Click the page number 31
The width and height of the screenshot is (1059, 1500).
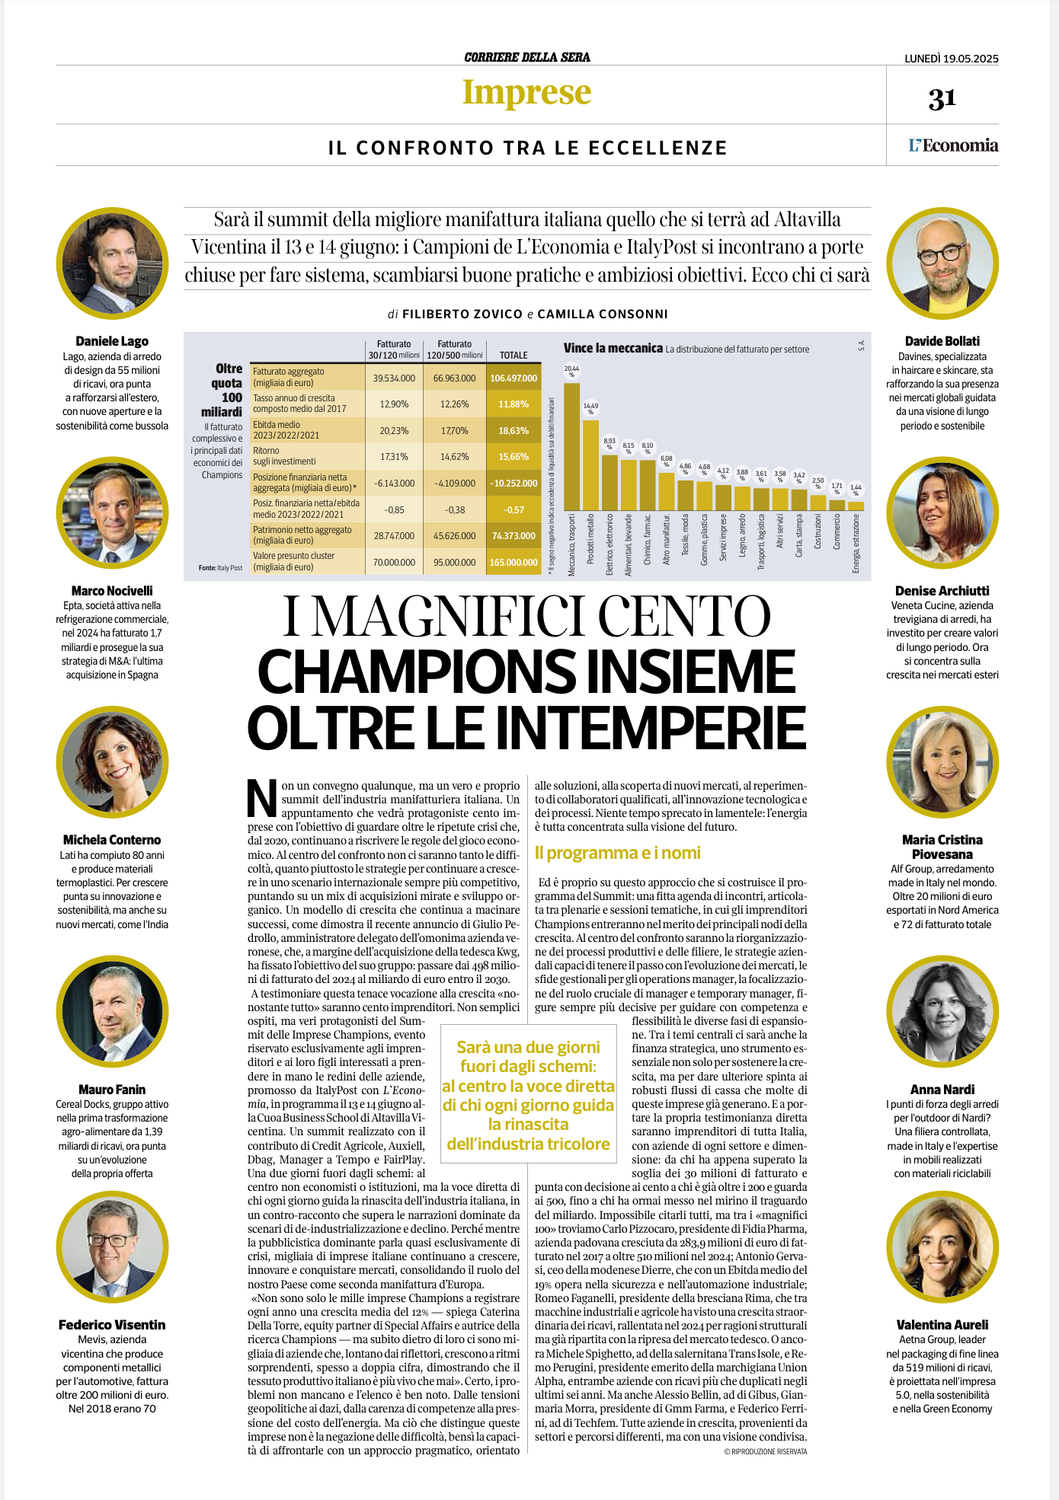click(x=942, y=99)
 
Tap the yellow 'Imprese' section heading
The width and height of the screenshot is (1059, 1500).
click(x=527, y=93)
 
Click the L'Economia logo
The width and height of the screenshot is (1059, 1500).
click(x=953, y=145)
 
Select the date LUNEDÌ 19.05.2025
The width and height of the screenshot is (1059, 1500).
click(x=952, y=59)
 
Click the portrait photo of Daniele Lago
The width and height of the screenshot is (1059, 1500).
click(x=112, y=264)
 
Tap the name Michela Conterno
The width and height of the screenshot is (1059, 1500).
click(x=112, y=840)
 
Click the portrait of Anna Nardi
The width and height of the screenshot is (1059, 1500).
click(x=942, y=1013)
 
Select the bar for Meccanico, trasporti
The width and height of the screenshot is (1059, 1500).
click(x=571, y=446)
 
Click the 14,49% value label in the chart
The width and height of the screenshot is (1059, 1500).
click(x=590, y=409)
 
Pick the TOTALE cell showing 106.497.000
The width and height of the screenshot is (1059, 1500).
click(x=514, y=378)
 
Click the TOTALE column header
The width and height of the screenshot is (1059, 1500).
click(x=514, y=355)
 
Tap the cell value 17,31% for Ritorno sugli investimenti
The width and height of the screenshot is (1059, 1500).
click(x=394, y=457)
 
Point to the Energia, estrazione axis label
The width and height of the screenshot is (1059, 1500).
click(x=856, y=543)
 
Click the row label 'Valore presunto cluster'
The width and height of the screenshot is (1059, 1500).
click(x=293, y=556)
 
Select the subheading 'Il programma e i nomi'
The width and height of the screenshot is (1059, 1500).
click(x=617, y=853)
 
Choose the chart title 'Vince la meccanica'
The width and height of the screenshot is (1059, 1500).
click(x=613, y=348)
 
